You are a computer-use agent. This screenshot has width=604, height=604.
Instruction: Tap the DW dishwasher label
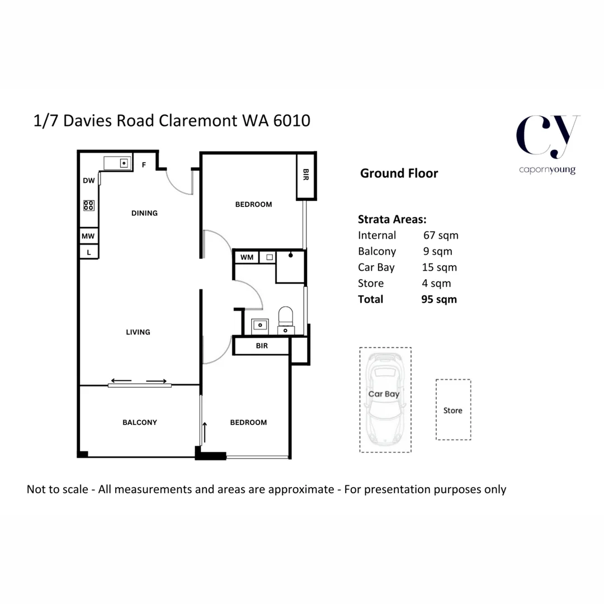[x=88, y=181]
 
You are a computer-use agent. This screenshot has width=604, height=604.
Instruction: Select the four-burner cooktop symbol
[x=89, y=205]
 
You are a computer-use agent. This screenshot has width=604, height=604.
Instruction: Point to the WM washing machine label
[x=247, y=257]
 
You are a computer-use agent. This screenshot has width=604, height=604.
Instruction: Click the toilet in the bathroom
[x=286, y=318]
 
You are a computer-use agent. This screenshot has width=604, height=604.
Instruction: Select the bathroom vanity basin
[x=260, y=324]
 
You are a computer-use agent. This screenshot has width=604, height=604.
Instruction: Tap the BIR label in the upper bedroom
[x=306, y=176]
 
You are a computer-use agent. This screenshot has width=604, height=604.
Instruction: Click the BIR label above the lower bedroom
[x=262, y=346]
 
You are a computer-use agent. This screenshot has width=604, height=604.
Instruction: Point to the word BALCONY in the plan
[x=139, y=422]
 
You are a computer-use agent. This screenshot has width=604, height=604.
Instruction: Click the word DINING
[x=144, y=213]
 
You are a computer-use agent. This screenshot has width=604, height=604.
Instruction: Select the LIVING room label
[x=138, y=332]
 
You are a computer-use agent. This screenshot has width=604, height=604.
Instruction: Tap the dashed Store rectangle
[x=453, y=410]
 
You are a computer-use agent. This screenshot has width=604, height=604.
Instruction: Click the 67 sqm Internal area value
[x=441, y=235]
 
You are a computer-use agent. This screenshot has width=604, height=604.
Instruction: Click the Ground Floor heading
[x=399, y=173]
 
